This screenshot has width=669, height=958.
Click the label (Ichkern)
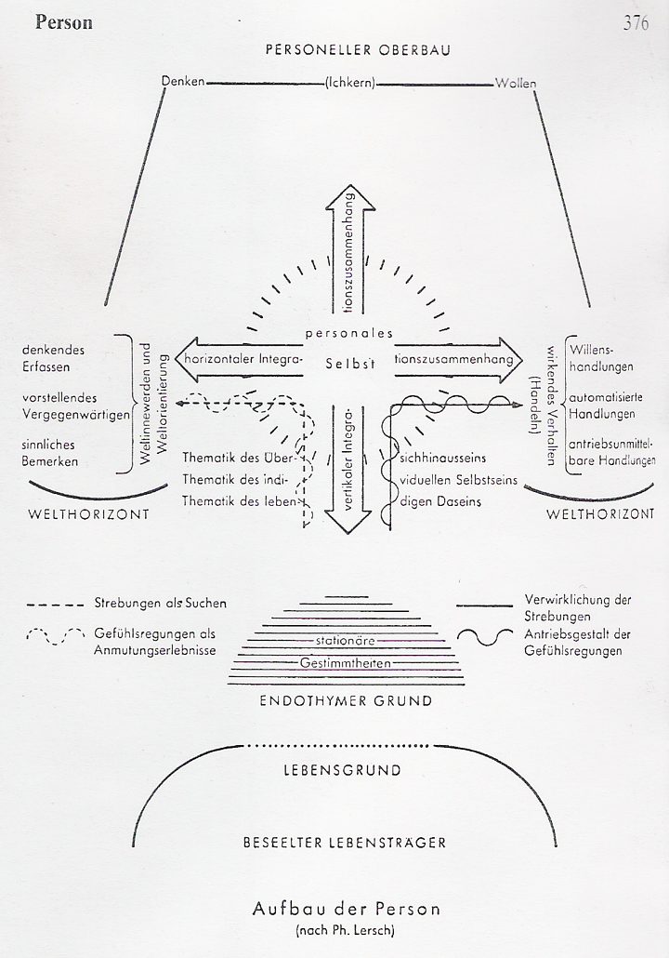point(350,83)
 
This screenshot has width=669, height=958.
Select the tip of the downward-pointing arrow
point(350,533)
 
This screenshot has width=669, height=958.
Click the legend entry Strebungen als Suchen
point(160,605)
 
